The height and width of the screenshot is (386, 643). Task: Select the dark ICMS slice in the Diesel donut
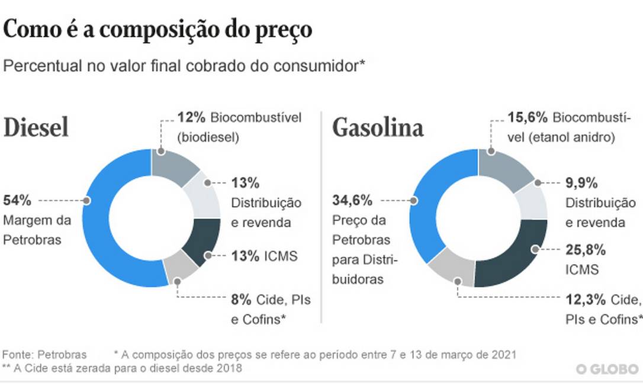pos(202,243)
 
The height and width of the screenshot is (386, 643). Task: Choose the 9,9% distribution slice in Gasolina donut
pos(533,201)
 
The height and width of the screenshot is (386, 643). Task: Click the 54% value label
pos(17,200)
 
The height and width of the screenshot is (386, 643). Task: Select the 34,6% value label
pos(352,200)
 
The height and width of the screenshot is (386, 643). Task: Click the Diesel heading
pos(37,128)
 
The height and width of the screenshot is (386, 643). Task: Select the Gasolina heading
pos(378,128)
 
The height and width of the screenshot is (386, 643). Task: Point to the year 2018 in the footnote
pos(230,368)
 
